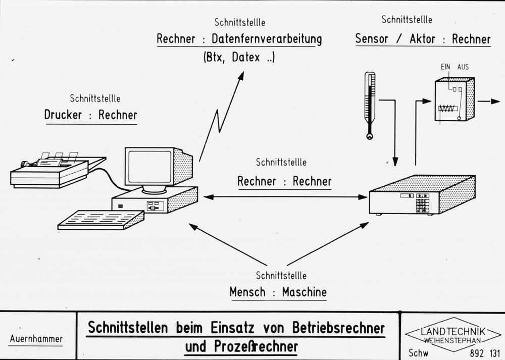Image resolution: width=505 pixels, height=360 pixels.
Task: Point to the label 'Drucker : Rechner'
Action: tap(90, 115)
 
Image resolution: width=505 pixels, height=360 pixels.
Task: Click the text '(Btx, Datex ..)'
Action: tap(239, 57)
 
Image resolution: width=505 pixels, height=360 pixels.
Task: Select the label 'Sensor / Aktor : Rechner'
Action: tap(422, 39)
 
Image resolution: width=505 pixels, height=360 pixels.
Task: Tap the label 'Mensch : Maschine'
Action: tap(278, 292)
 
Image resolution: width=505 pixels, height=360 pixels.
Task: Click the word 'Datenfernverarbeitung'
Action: tap(266, 39)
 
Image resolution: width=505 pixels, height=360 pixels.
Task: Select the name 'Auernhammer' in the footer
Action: tap(36, 338)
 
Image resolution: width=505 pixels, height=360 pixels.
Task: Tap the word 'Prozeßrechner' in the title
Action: tap(264, 347)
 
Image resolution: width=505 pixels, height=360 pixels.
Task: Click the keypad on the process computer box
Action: tap(422, 204)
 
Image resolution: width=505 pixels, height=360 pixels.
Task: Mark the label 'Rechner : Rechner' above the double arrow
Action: tap(284, 181)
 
